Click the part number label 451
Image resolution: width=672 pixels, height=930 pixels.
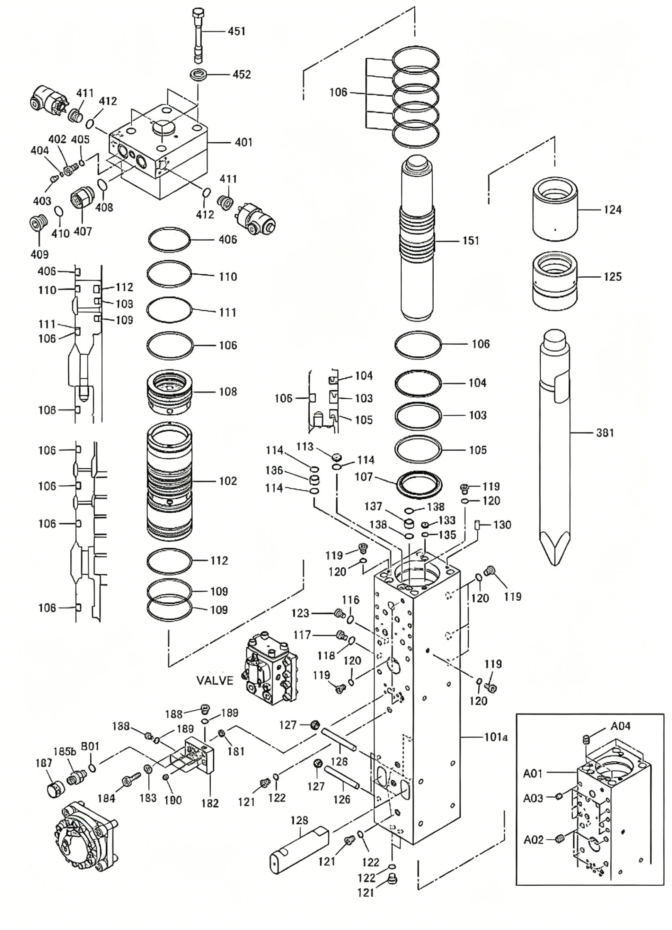coord(237,31)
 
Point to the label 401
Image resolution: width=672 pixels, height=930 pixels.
coord(243,142)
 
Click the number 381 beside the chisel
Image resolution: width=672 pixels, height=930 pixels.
coord(605,433)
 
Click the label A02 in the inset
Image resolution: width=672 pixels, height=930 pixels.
coord(533,840)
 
